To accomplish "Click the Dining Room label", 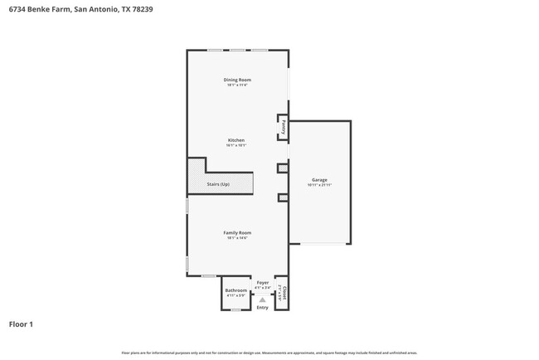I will tap(237, 80).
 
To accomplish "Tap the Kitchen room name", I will tap(236, 140).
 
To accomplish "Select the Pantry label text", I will tap(284, 127).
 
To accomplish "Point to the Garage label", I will tap(319, 180).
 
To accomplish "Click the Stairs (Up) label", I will tap(218, 183).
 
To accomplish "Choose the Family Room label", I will tap(237, 232).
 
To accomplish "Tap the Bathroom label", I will tap(236, 290).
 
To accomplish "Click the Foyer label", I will tap(263, 283).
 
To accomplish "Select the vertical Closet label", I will tap(284, 292).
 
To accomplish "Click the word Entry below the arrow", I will tap(262, 308).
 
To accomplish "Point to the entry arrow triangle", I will tap(262, 299).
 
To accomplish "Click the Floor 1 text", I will tap(22, 324).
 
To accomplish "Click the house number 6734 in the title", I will tap(17, 9).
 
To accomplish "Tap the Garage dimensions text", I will tap(319, 185).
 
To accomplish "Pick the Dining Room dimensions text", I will tap(237, 85).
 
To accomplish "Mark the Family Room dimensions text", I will tap(237, 237).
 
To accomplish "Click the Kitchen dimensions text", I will tap(236, 145).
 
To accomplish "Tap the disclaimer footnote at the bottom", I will tap(269, 353).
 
